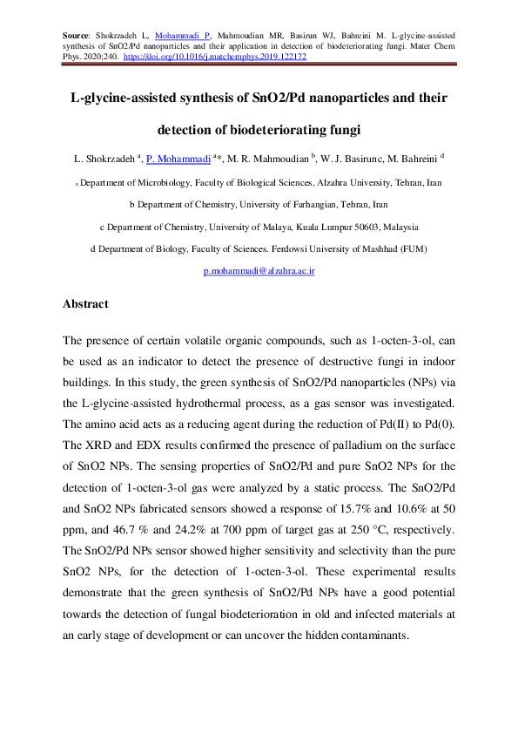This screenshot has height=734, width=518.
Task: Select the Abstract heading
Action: point(85,304)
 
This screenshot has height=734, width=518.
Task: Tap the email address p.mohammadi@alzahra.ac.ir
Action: point(259,271)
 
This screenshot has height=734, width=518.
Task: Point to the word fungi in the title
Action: point(342,131)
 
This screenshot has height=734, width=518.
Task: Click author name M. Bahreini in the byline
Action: point(413,160)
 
